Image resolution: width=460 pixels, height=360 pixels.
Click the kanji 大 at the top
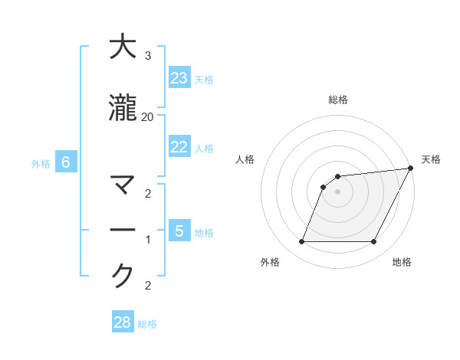(x=123, y=47)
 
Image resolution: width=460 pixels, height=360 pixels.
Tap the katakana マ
(x=123, y=186)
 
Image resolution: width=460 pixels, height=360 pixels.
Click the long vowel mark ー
(x=123, y=231)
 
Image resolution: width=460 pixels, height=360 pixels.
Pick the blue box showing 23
(x=179, y=78)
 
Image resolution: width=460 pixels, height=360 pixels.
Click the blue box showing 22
(x=179, y=147)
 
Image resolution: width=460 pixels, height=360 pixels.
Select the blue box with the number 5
(x=179, y=231)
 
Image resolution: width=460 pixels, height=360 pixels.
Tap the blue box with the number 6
(x=66, y=162)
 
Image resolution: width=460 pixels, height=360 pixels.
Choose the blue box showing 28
(x=123, y=322)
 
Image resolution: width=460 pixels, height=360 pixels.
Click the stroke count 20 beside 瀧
(x=147, y=117)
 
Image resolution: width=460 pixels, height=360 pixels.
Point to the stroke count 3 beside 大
(x=147, y=57)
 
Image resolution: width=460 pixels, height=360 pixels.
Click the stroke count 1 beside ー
(x=147, y=240)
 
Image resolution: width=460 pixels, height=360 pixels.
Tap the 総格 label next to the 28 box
(x=147, y=324)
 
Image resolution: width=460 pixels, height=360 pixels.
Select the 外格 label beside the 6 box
(x=41, y=163)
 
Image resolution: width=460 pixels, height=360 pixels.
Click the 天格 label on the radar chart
(x=431, y=159)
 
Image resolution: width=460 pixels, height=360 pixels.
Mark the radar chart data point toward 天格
(x=411, y=169)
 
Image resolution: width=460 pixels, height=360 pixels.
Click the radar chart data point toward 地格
(x=374, y=242)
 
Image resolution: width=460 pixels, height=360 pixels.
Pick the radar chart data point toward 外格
(x=301, y=242)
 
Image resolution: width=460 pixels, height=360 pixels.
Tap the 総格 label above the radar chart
(x=338, y=100)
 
